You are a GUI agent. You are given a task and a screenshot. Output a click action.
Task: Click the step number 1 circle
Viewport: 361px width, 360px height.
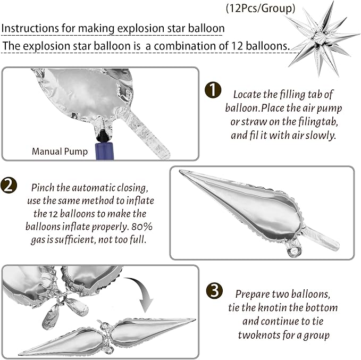pos(213,90)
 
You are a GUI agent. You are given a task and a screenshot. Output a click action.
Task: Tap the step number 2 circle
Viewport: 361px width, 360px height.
pos(9,185)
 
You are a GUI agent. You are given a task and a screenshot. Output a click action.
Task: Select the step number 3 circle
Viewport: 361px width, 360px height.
pos(214,290)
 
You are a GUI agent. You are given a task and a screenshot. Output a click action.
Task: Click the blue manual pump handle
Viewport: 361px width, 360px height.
pos(105,150)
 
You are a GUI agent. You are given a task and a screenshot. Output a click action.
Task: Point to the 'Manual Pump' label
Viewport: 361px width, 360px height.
pos(60,152)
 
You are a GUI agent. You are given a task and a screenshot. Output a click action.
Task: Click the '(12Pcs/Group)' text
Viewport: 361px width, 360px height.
pos(261,9)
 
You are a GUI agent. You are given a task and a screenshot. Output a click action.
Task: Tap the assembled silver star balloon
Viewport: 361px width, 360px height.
pos(322,38)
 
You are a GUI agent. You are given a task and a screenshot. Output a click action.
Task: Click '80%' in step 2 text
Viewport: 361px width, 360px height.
pos(142,227)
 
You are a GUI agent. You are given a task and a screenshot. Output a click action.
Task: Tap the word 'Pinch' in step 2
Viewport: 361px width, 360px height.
pos(43,188)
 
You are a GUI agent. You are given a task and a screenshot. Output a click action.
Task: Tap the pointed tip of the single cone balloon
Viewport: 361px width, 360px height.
pos(180,171)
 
